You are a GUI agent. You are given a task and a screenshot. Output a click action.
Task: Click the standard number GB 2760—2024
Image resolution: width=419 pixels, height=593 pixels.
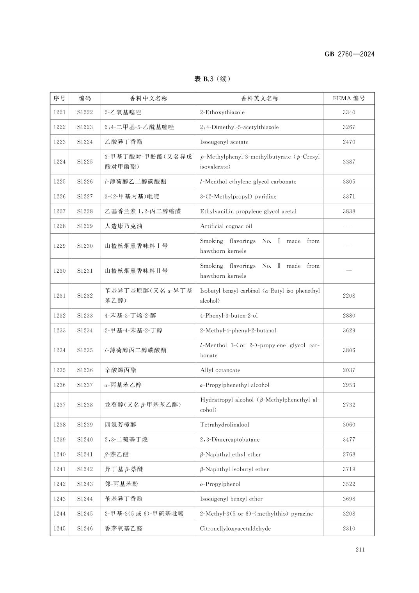[x=349, y=54]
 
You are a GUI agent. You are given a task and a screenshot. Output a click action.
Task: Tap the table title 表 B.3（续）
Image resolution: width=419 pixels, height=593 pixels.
[x=212, y=79]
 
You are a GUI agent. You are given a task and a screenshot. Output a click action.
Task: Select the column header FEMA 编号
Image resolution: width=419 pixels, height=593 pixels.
[x=349, y=98]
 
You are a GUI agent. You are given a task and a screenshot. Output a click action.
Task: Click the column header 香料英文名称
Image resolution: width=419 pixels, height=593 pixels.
[x=259, y=98]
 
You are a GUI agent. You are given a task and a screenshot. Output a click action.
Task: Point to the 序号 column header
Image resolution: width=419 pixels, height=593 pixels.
[x=59, y=98]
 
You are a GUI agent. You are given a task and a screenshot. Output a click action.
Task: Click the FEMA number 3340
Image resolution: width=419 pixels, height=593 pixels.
[x=349, y=112]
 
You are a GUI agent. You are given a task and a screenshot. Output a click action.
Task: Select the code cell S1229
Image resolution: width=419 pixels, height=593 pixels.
[x=85, y=226]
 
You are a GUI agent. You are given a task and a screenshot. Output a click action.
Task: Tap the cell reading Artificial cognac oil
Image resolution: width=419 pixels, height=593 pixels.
[x=226, y=226]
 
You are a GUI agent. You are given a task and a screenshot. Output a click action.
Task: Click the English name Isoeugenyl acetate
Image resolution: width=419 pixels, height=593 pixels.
[x=224, y=142]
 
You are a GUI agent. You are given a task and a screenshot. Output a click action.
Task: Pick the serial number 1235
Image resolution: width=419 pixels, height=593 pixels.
[x=59, y=370]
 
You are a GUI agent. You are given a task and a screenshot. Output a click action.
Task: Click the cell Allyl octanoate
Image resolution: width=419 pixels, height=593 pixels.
[x=220, y=370]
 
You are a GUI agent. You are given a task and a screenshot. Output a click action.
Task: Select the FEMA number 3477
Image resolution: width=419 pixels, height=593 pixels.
[x=349, y=440]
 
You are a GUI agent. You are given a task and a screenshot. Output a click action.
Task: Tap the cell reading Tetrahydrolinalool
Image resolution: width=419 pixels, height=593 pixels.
[x=224, y=425]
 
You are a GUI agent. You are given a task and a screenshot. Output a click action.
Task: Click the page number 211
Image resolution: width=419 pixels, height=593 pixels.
[x=360, y=550]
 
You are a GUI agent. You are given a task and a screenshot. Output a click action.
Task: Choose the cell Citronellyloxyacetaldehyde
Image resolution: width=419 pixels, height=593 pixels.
[x=235, y=529]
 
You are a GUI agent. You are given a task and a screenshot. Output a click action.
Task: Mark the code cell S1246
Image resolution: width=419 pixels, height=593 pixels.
[x=85, y=529]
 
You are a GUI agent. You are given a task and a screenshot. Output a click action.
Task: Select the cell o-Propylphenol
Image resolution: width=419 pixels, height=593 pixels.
[x=220, y=484]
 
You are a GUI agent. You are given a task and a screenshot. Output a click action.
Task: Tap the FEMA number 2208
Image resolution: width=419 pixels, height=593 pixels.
[x=349, y=296]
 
